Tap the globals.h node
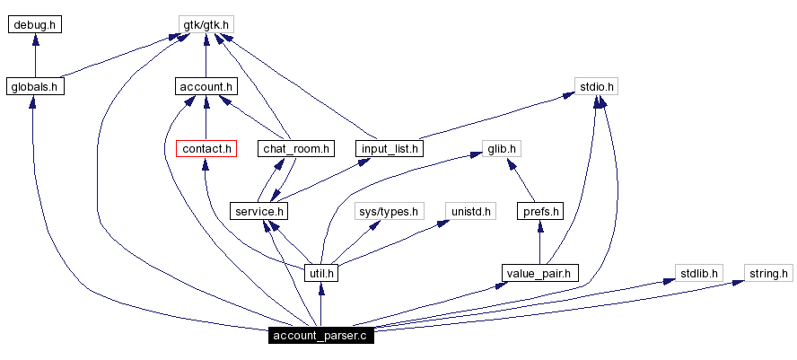[34, 87]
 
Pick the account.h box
[206, 87]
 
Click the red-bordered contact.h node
[206, 148]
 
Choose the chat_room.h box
[295, 148]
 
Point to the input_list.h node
[389, 148]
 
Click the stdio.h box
[597, 87]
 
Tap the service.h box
[259, 211]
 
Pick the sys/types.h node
[388, 211]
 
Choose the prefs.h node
[540, 211]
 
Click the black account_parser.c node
[320, 336]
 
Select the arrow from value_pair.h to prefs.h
[540, 242]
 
